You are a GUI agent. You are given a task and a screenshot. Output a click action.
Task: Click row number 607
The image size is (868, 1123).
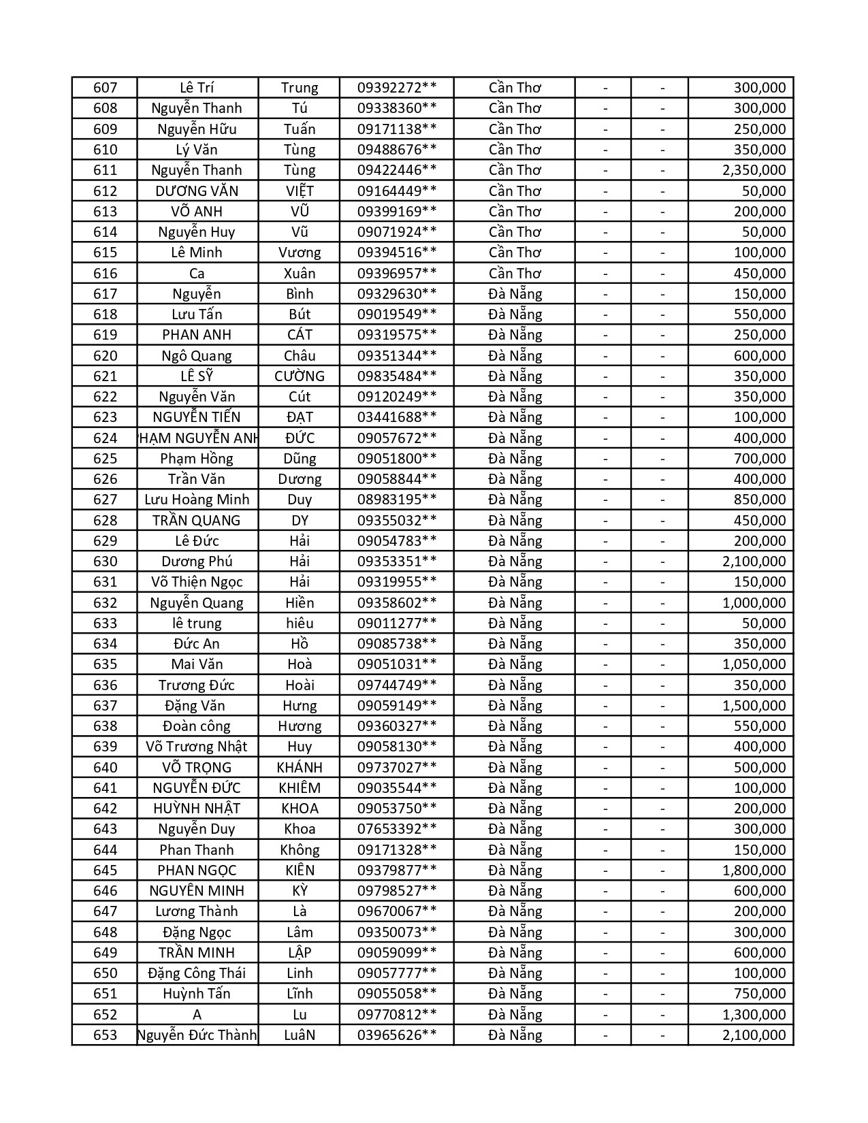(105, 88)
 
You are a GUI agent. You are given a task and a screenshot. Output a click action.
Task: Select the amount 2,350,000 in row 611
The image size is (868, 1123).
(754, 170)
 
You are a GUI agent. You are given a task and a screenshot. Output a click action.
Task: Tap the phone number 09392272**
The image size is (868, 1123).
(397, 88)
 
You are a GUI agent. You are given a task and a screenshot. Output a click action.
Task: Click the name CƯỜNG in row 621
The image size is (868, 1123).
(300, 376)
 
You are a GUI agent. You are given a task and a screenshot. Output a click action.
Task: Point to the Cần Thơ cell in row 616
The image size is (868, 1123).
(515, 274)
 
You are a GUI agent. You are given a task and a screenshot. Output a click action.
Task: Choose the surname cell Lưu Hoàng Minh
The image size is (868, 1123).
(197, 500)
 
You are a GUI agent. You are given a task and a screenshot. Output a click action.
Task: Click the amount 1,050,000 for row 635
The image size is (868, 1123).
(754, 664)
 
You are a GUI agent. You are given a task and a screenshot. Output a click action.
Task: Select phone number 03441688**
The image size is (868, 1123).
(397, 417)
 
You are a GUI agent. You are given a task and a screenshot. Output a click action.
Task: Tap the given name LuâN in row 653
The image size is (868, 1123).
(300, 1035)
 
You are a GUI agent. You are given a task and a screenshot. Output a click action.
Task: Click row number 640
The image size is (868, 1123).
(105, 768)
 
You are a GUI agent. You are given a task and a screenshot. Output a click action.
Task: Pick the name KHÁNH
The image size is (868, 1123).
(300, 768)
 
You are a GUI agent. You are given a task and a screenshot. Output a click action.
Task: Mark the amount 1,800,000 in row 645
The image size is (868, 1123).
(754, 870)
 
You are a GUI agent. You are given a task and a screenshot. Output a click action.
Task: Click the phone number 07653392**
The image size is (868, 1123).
(397, 829)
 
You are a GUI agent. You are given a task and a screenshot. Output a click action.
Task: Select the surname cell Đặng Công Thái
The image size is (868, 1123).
(197, 973)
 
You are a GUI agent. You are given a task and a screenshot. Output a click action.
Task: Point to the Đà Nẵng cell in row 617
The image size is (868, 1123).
(515, 294)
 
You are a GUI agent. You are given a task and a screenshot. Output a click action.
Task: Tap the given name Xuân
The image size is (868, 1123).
(300, 274)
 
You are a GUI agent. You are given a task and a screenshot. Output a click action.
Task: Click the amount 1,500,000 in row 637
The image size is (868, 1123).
(754, 706)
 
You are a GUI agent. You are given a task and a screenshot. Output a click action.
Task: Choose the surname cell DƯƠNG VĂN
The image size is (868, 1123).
(197, 191)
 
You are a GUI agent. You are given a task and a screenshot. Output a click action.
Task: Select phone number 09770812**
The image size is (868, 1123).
(397, 1015)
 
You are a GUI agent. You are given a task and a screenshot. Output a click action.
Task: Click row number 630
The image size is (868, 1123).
(105, 561)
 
